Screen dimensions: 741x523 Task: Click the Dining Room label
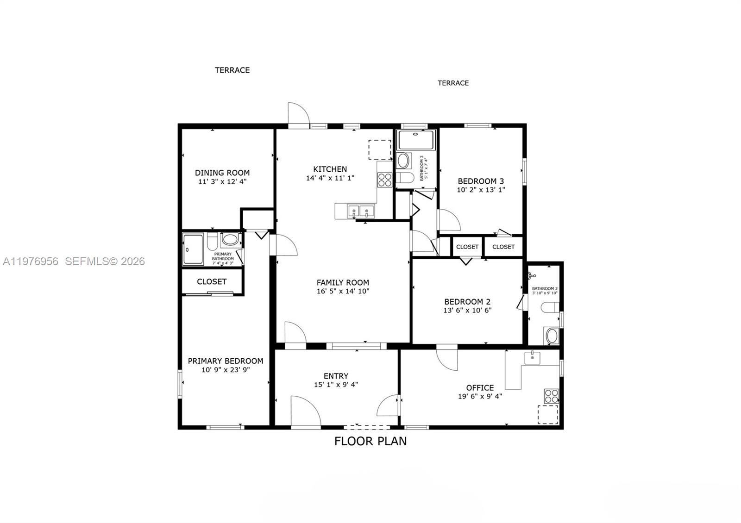222,173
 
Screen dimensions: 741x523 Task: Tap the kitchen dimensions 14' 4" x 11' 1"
330,178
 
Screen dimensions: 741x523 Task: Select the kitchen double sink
360,212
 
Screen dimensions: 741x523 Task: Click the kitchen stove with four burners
384,179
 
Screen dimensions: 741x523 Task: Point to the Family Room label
343,282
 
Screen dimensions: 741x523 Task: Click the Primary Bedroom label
225,361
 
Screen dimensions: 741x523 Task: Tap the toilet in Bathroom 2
550,307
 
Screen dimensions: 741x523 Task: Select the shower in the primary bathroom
193,249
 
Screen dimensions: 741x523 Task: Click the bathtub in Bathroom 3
416,140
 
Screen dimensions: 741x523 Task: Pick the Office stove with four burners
551,396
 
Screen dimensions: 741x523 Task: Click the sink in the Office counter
532,357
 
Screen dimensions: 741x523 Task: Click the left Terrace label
232,70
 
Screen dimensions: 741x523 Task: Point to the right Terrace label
453,83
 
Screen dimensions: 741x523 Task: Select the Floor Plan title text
370,441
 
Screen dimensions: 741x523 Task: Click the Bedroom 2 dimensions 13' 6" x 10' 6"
467,311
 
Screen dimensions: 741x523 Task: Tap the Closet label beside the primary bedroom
211,281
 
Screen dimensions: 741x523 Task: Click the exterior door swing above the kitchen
297,114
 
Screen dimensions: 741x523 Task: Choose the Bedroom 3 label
481,181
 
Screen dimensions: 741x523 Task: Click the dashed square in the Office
547,414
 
